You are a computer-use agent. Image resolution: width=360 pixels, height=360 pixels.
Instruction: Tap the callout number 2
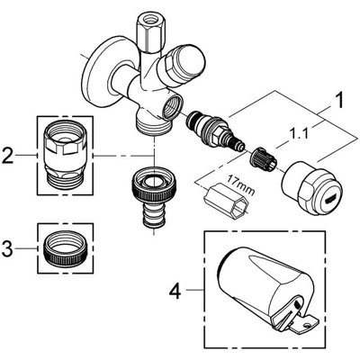coord(8,155)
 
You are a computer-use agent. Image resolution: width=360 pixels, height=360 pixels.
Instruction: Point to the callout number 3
coord(8,245)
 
